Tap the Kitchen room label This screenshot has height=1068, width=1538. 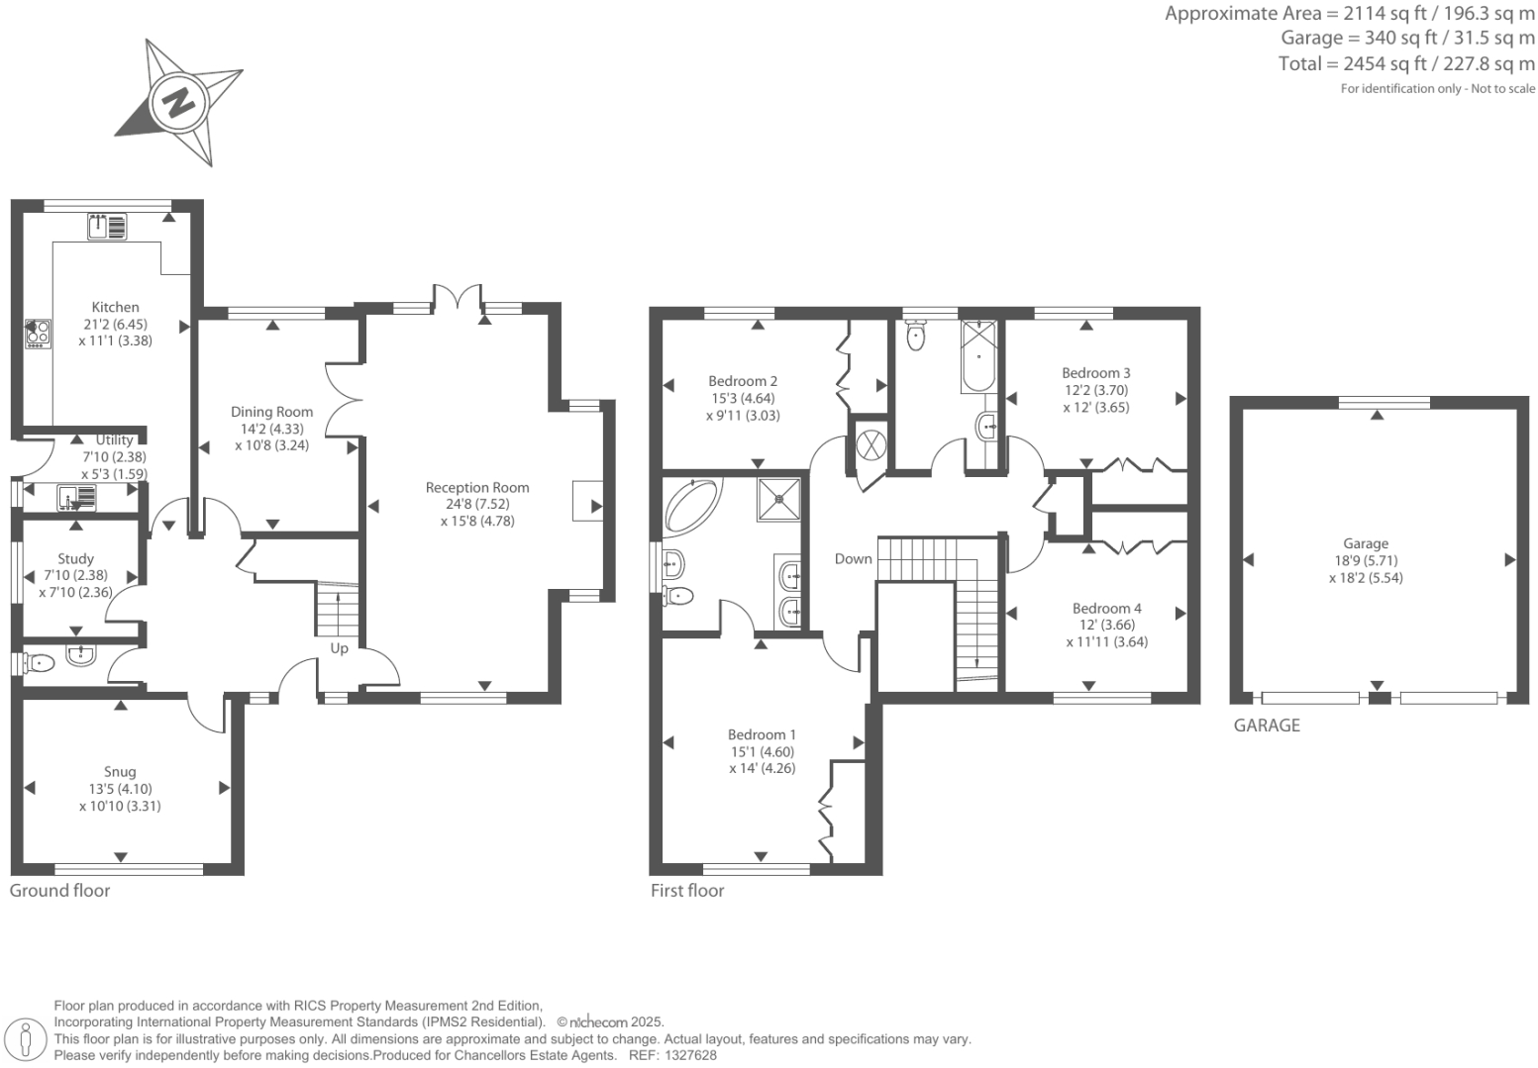coord(115,307)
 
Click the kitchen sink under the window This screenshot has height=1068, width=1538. coord(107,227)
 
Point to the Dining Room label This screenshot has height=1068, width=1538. coord(271,412)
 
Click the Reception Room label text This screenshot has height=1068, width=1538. coord(477,487)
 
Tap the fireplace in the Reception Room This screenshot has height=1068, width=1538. coord(585,501)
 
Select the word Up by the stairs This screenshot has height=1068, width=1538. coord(339,648)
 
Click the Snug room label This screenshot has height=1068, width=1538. coord(120,772)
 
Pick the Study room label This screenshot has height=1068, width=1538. coord(75,559)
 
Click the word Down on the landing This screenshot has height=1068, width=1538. coord(853,558)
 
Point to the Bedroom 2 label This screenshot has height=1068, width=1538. coord(743,381)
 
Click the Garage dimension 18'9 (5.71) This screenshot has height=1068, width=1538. coord(1365,560)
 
